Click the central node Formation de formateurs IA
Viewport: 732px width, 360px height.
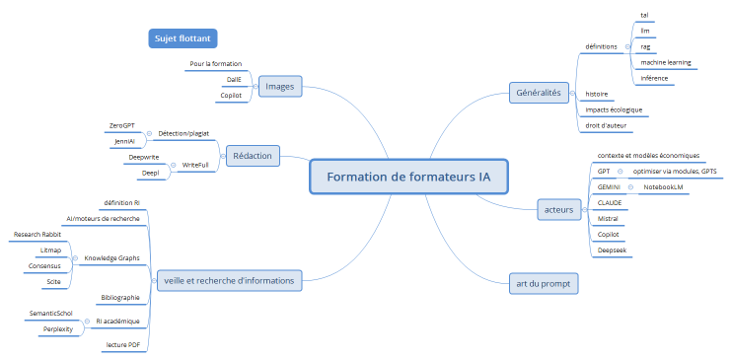pyautogui.click(x=408, y=178)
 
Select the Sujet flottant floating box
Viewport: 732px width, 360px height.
pyautogui.click(x=182, y=38)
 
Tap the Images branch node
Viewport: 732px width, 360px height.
pyautogui.click(x=280, y=87)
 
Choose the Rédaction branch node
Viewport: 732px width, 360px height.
pyautogui.click(x=254, y=155)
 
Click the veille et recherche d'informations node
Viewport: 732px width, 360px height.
pyautogui.click(x=228, y=280)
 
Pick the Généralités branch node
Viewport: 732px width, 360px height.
pyautogui.click(x=538, y=93)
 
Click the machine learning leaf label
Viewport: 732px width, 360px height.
pyautogui.click(x=665, y=62)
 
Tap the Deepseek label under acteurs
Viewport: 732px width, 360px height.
pyautogui.click(x=613, y=251)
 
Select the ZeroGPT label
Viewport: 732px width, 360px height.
pyautogui.click(x=121, y=126)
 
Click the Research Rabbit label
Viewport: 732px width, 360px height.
pyautogui.click(x=37, y=235)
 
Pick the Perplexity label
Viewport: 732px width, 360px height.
pyautogui.click(x=59, y=329)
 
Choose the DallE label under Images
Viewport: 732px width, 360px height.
pyautogui.click(x=233, y=80)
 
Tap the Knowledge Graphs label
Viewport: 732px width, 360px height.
pyautogui.click(x=111, y=258)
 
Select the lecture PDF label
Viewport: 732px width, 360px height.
pyautogui.click(x=122, y=345)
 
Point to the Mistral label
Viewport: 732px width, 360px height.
pyautogui.click(x=608, y=218)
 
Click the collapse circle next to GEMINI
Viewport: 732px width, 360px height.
pyautogui.click(x=630, y=186)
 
